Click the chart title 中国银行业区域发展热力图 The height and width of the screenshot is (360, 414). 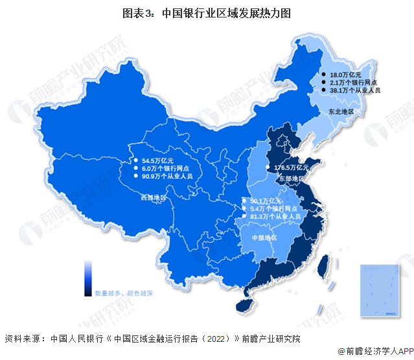point(207,11)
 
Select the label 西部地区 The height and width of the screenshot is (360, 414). point(154,197)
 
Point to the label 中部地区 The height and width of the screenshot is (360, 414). point(264,238)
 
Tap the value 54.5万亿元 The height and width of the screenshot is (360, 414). point(157,159)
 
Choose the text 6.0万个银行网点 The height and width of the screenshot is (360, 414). point(166,168)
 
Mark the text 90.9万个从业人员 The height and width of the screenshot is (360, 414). point(167,176)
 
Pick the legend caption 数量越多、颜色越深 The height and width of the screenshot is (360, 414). point(124,293)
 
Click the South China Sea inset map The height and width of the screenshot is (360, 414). point(380,291)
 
